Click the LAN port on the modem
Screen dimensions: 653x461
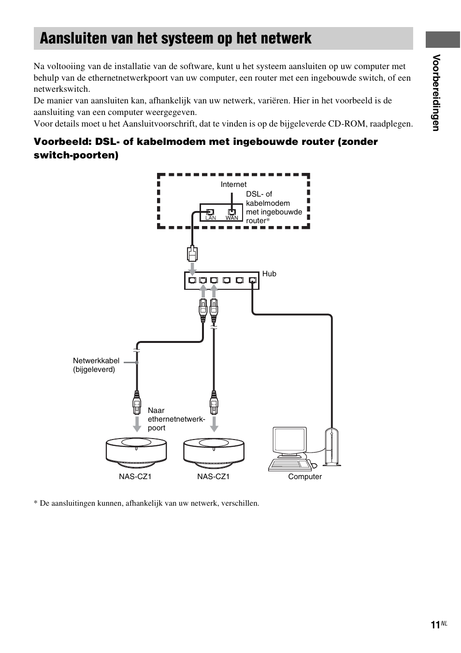[x=210, y=212]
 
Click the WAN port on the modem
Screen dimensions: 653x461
[x=232, y=212]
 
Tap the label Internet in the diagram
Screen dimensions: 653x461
[x=233, y=185]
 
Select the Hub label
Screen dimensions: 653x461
[x=269, y=274]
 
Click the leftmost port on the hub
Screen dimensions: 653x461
[x=192, y=280]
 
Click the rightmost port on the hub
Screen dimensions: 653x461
[x=252, y=280]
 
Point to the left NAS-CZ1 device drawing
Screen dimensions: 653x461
[x=137, y=453]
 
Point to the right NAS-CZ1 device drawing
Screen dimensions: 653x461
[x=214, y=453]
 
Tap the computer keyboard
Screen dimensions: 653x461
[x=291, y=464]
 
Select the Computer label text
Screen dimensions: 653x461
[x=305, y=477]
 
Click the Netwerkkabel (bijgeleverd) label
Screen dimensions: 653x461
[x=96, y=365]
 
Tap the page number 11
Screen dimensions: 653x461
[x=434, y=625]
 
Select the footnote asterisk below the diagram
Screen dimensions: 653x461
[x=35, y=503]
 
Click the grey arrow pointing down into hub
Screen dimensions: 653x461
[x=192, y=268]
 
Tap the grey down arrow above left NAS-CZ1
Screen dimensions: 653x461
[x=137, y=423]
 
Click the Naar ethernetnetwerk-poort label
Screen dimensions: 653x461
[x=176, y=419]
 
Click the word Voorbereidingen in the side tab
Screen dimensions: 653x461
[x=437, y=93]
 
